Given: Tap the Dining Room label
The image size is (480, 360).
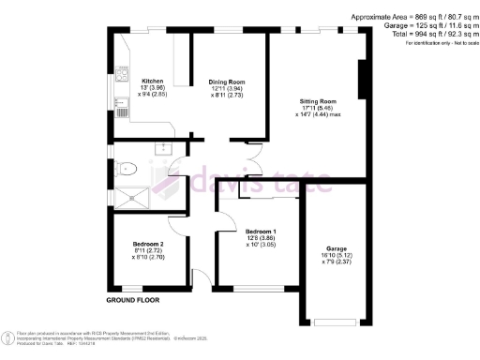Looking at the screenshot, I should click(x=226, y=81).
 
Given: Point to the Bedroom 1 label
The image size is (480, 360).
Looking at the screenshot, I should click(x=261, y=232).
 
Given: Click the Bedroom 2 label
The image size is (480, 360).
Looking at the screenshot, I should click(x=148, y=244).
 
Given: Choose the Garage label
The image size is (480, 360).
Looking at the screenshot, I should click(x=336, y=248).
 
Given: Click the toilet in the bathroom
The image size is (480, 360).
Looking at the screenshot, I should click(x=125, y=169).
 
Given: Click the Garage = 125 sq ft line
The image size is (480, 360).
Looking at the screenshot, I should click(x=428, y=24).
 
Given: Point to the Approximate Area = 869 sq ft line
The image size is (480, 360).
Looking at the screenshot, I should click(x=413, y=17).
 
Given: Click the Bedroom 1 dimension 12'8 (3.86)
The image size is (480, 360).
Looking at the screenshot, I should click(x=261, y=239).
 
